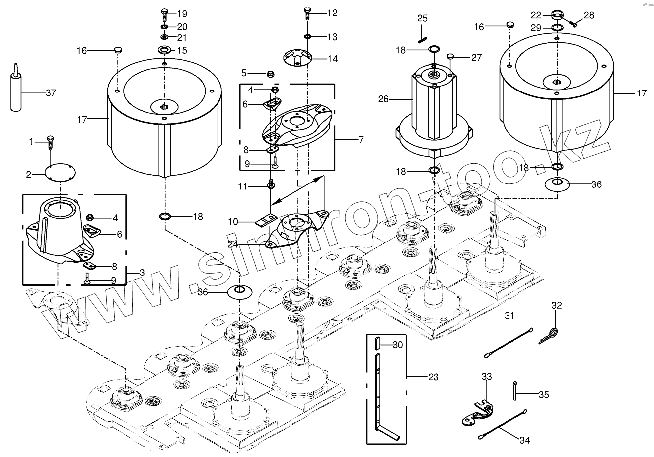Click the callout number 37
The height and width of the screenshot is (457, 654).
click(50, 93)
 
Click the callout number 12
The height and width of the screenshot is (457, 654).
click(332, 13)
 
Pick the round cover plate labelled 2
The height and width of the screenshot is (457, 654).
click(59, 174)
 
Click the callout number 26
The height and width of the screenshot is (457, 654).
click(383, 99)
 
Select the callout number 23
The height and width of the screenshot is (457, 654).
click(433, 377)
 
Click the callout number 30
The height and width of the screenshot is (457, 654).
click(398, 345)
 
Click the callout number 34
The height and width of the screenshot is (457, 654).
click(525, 440)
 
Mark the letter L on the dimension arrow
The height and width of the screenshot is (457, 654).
click(298, 183)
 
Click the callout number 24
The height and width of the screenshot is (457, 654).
click(233, 244)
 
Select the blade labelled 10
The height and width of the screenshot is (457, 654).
click(267, 219)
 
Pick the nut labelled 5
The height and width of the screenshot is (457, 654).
click(271, 74)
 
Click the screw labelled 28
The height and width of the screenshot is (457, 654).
click(573, 22)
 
